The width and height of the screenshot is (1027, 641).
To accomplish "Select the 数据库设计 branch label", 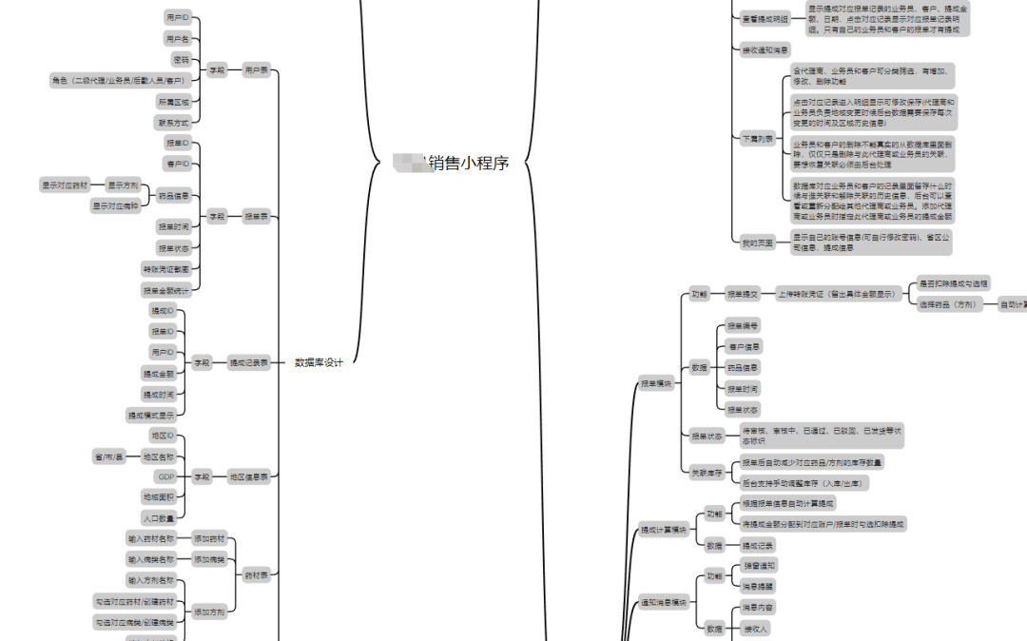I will click(319, 362).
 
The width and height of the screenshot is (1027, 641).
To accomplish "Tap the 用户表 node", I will click(256, 69).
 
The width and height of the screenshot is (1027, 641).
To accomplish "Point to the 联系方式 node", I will click(172, 123).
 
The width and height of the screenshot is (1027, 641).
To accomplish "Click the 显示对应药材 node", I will click(65, 185).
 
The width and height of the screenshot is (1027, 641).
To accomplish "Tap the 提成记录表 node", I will click(249, 362).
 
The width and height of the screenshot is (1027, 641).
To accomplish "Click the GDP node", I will click(166, 476).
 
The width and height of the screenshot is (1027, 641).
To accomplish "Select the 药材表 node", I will click(256, 575).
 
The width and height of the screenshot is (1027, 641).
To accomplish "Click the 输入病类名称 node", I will click(152, 559).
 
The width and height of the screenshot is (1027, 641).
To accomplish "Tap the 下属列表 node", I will click(751, 139).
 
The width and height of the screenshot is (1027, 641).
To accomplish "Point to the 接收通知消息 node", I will click(765, 49).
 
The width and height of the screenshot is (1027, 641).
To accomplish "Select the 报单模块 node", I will click(655, 384).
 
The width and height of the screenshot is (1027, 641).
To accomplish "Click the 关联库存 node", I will click(707, 473).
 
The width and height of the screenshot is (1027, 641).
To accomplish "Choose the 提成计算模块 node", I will click(663, 530).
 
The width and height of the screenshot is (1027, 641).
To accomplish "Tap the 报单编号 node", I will click(742, 325).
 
